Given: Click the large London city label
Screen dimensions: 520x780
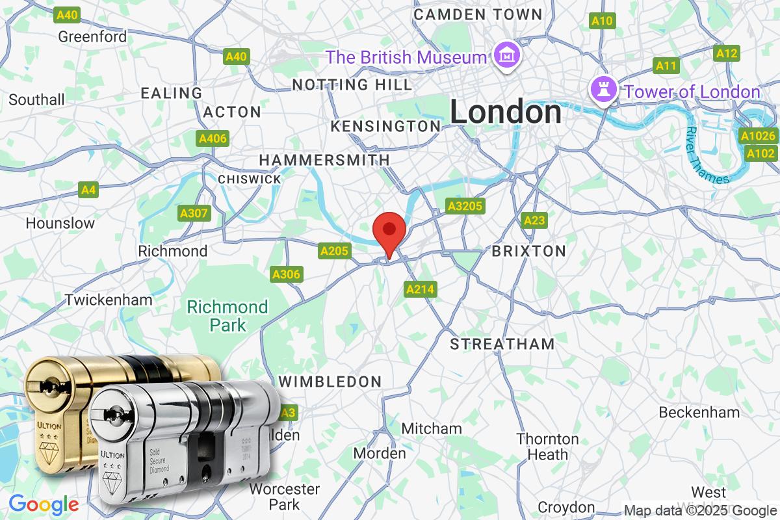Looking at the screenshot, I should pyautogui.click(x=506, y=112).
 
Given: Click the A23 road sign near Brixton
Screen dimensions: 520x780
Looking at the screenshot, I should pyautogui.click(x=534, y=220).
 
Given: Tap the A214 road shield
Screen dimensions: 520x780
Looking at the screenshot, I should pyautogui.click(x=421, y=289).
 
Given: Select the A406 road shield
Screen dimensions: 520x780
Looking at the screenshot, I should pyautogui.click(x=213, y=138).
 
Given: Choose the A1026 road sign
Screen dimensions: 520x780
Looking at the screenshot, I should pyautogui.click(x=759, y=136).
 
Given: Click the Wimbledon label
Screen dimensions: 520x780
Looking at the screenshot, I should pyautogui.click(x=330, y=382).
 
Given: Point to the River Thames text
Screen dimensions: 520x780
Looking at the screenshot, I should pyautogui.click(x=706, y=156).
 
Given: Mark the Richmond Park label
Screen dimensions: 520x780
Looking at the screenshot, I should pyautogui.click(x=227, y=315).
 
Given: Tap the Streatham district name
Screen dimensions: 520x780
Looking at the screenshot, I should pyautogui.click(x=502, y=344).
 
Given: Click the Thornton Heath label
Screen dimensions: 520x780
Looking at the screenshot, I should pyautogui.click(x=547, y=447).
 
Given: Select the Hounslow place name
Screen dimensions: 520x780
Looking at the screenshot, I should pyautogui.click(x=60, y=223).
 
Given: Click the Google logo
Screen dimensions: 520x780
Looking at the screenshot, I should pyautogui.click(x=44, y=504).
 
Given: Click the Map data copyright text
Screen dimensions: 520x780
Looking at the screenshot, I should pyautogui.click(x=700, y=510).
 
